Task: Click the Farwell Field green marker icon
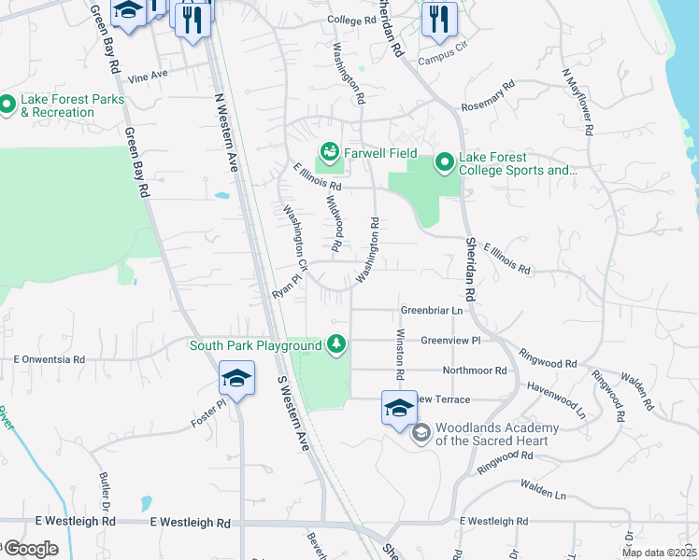tap(328, 150)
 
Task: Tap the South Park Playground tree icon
tap(335, 345)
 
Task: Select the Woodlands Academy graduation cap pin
tap(399, 409)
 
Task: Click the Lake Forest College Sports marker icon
tap(444, 163)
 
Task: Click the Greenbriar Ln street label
tap(432, 310)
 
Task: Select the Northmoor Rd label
tap(475, 371)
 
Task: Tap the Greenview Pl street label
tap(449, 341)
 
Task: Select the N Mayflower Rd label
tap(577, 102)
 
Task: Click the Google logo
tap(30, 549)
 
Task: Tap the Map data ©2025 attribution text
tap(659, 553)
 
